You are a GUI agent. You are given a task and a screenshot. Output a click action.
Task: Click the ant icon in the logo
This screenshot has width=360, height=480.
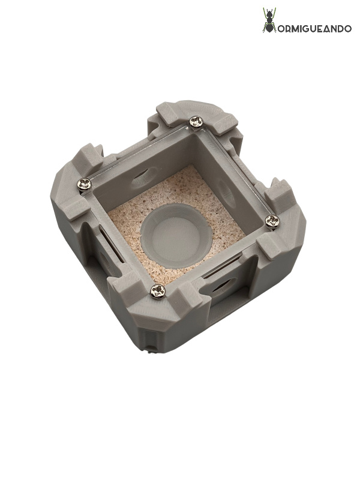pos(269,20)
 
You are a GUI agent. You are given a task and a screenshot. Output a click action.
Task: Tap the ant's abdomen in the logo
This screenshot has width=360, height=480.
pos(268,27)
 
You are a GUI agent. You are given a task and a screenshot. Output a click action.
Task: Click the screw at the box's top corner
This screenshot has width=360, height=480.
pos(196,122)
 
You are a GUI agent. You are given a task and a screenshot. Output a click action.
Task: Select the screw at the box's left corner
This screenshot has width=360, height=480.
pos(85,184)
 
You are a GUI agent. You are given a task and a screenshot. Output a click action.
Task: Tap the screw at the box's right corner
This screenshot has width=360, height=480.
pos(272,221)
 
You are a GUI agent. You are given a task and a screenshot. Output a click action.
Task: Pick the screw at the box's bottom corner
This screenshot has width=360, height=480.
pos(157,292)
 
